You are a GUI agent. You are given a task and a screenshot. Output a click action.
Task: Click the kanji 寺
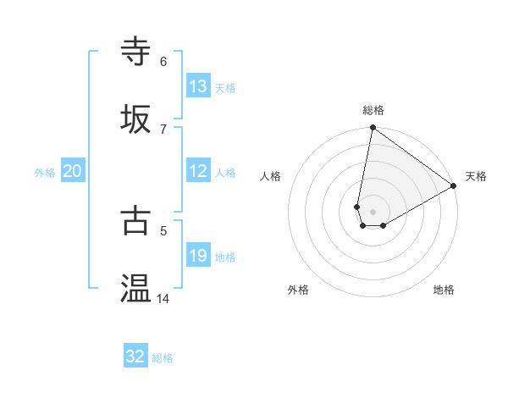(137, 51)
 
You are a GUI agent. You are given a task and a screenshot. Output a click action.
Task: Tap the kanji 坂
(137, 119)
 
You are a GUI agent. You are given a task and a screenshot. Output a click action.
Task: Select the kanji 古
(137, 219)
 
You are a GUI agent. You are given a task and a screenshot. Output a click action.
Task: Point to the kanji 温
(137, 288)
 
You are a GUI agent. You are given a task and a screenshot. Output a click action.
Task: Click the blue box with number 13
(198, 86)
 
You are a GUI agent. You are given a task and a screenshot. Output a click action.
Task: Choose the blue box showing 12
(198, 171)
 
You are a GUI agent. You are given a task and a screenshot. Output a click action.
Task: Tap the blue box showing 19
(198, 256)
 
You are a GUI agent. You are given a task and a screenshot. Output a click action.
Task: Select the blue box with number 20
(73, 171)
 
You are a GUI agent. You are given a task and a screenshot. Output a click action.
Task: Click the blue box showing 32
(135, 357)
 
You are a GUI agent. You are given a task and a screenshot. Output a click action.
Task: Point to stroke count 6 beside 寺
(163, 61)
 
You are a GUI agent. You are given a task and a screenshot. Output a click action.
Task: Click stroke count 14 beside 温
(163, 298)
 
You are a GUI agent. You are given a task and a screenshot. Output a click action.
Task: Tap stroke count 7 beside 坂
(163, 129)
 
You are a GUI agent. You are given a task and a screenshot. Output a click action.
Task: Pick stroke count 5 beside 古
(163, 229)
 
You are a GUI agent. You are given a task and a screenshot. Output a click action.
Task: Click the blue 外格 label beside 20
(45, 173)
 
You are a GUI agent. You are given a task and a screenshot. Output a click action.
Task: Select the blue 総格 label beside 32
(163, 358)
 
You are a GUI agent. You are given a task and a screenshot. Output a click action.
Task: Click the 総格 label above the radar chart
(373, 110)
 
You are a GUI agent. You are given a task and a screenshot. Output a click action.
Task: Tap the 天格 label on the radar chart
(476, 176)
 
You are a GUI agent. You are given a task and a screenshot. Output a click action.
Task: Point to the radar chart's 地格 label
(444, 290)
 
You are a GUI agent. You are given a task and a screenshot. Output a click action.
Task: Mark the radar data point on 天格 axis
(454, 186)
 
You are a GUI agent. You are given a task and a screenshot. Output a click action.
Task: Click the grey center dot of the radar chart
(373, 212)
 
